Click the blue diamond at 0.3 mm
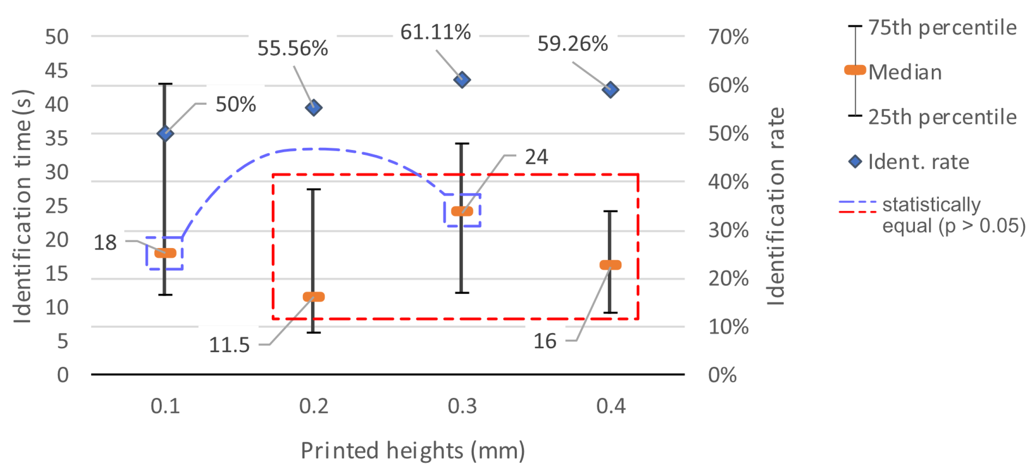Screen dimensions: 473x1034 pyautogui.click(x=462, y=80)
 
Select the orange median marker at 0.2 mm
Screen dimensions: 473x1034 pyautogui.click(x=314, y=297)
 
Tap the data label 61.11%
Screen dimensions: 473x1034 pyautogui.click(x=435, y=32)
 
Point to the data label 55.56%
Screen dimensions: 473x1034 pyautogui.click(x=293, y=48)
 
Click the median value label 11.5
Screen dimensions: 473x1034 pyautogui.click(x=229, y=345)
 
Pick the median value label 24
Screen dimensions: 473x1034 pyautogui.click(x=536, y=157)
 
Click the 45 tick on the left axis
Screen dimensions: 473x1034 pyautogui.click(x=57, y=71)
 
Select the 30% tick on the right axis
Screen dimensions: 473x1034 pyautogui.click(x=728, y=230)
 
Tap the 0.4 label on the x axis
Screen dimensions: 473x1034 pyautogui.click(x=611, y=406)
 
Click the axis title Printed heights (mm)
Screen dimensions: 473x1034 pyautogui.click(x=413, y=451)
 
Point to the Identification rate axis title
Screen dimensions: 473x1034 pyautogui.click(x=775, y=207)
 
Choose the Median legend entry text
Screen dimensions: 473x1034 pyautogui.click(x=905, y=72)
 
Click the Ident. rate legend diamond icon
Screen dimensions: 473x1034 pyautogui.click(x=855, y=162)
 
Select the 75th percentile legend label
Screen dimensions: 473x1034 pyautogui.click(x=942, y=28)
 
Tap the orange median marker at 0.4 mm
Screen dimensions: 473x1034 pyautogui.click(x=610, y=265)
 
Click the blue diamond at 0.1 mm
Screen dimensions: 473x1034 pyautogui.click(x=165, y=133)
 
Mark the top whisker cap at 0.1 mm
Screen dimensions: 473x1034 pyautogui.click(x=165, y=84)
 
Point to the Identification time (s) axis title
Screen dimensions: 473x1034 pyautogui.click(x=22, y=206)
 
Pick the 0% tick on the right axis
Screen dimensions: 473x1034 pyautogui.click(x=722, y=375)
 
